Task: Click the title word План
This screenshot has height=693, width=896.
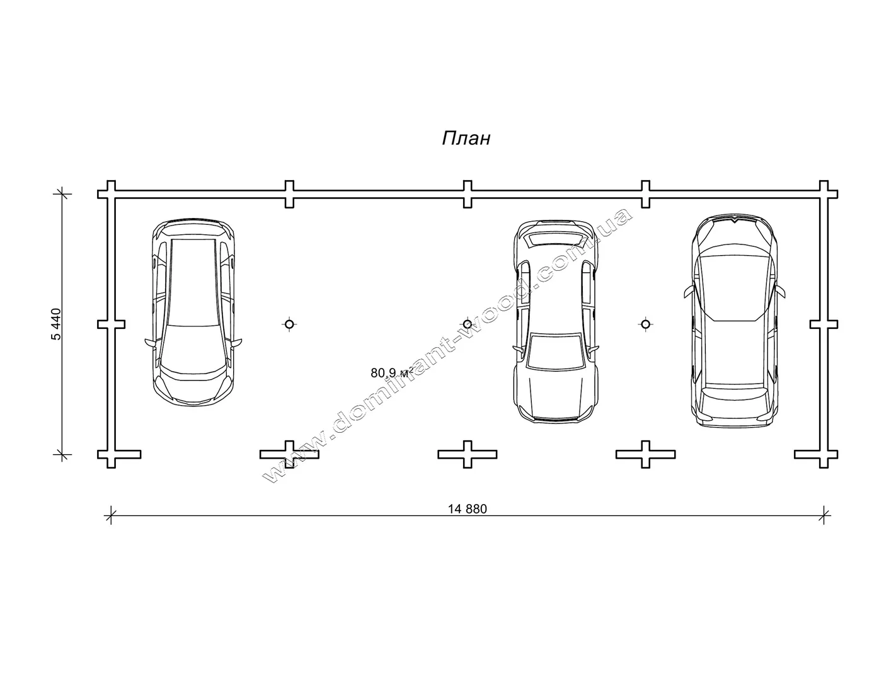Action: tap(466, 139)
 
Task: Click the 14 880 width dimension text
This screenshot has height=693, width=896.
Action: tap(467, 509)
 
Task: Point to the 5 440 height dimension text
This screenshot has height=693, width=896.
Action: tap(56, 324)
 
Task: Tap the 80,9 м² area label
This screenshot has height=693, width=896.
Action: tap(391, 373)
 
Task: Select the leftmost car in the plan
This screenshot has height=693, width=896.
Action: tap(193, 312)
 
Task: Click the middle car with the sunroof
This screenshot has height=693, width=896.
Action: tap(555, 321)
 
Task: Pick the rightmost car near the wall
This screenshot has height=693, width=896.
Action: tap(734, 321)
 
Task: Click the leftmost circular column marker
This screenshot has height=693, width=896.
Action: tap(289, 324)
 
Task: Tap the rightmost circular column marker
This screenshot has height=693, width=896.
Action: tap(646, 324)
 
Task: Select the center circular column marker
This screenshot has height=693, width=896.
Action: tap(468, 324)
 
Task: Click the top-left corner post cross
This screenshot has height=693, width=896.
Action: tap(112, 194)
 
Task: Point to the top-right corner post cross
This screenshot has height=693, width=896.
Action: tap(824, 194)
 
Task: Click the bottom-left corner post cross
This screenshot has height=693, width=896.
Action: tap(112, 454)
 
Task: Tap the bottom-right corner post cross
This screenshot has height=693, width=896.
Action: tap(824, 454)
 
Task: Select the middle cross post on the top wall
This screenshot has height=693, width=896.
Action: tap(468, 194)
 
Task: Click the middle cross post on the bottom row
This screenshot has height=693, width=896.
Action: tap(468, 454)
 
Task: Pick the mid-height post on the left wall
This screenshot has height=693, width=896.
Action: tap(112, 324)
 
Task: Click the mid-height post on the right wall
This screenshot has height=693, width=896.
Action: tap(824, 324)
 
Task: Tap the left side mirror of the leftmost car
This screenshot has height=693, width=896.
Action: tap(151, 341)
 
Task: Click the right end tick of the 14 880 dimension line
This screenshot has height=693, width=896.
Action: tap(824, 515)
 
